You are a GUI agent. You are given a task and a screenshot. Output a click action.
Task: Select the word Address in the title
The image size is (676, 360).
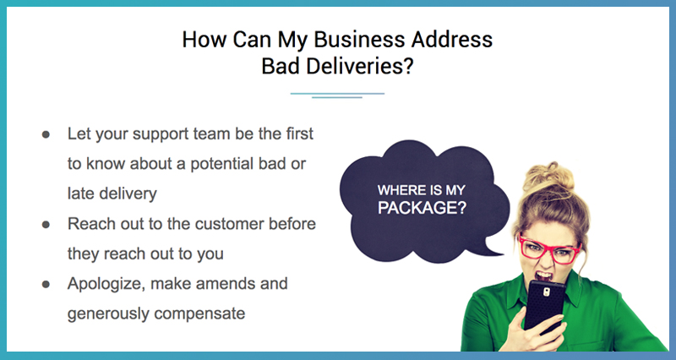451,39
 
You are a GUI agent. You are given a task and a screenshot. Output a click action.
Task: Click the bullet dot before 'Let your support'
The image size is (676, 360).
46,134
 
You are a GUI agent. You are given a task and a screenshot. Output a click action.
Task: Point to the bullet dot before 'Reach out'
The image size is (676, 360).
46,225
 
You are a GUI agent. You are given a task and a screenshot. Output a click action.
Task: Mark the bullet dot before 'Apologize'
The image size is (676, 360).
46,285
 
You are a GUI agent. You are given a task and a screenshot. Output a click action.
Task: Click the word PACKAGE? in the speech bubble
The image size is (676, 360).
422,208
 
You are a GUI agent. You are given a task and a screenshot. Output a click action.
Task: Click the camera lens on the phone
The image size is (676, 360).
546,292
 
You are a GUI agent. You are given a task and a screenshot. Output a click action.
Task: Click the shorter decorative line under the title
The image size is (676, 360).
337,98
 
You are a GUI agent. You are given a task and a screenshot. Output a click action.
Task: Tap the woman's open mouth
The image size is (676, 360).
542,275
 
